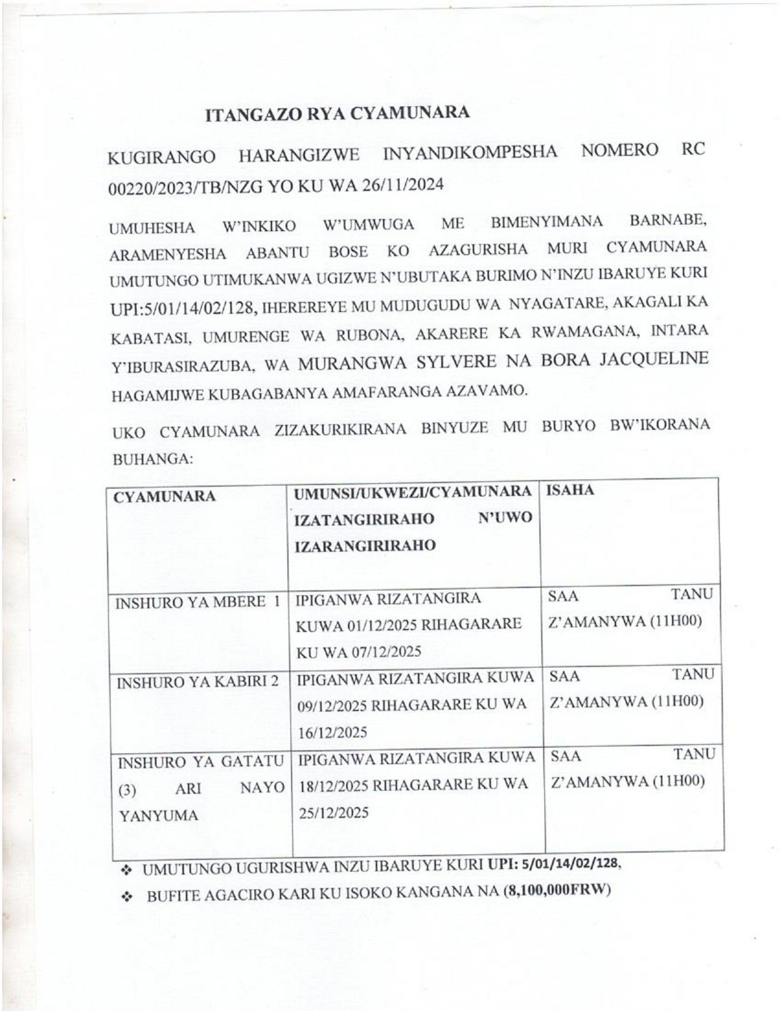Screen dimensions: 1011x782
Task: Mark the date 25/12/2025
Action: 334,812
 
